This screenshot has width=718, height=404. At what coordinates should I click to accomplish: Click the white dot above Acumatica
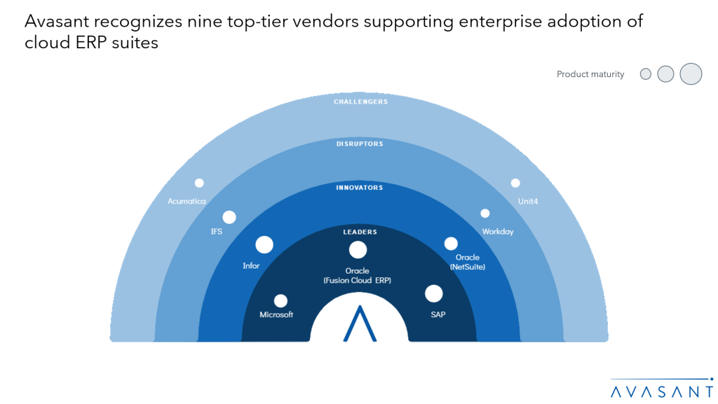tap(199, 183)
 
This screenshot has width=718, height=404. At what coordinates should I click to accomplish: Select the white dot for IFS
tap(229, 217)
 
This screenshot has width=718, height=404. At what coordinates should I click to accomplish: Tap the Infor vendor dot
tap(264, 244)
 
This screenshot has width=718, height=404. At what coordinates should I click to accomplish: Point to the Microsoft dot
tap(280, 300)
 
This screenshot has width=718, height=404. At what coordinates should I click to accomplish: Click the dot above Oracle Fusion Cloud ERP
tap(358, 249)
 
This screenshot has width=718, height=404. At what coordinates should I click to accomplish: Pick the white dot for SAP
tap(434, 293)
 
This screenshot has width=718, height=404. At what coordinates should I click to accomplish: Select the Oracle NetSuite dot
tap(451, 243)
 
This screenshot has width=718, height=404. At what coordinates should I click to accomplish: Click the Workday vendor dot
tap(485, 213)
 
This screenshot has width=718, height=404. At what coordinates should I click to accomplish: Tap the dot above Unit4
tap(515, 183)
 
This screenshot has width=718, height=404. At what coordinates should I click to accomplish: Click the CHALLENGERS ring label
tap(360, 102)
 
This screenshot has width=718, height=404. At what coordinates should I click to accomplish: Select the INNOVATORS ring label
tap(359, 188)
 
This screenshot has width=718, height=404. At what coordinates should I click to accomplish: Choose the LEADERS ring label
tap(360, 232)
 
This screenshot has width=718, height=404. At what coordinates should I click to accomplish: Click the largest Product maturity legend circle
tap(691, 74)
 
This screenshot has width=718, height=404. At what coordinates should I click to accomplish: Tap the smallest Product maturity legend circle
tap(646, 74)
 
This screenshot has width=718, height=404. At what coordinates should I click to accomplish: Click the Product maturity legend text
tap(590, 74)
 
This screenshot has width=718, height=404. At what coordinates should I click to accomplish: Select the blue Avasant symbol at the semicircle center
tap(359, 323)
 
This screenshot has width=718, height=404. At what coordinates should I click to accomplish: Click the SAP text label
tap(438, 314)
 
